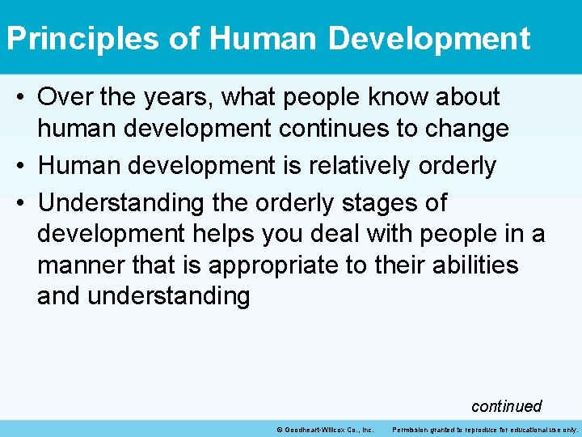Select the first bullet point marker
tap(22, 98)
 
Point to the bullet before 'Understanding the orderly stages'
tap(22, 203)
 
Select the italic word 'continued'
tap(506, 405)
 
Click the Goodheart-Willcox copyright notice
tap(324, 429)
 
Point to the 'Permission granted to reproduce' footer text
tap(485, 429)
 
